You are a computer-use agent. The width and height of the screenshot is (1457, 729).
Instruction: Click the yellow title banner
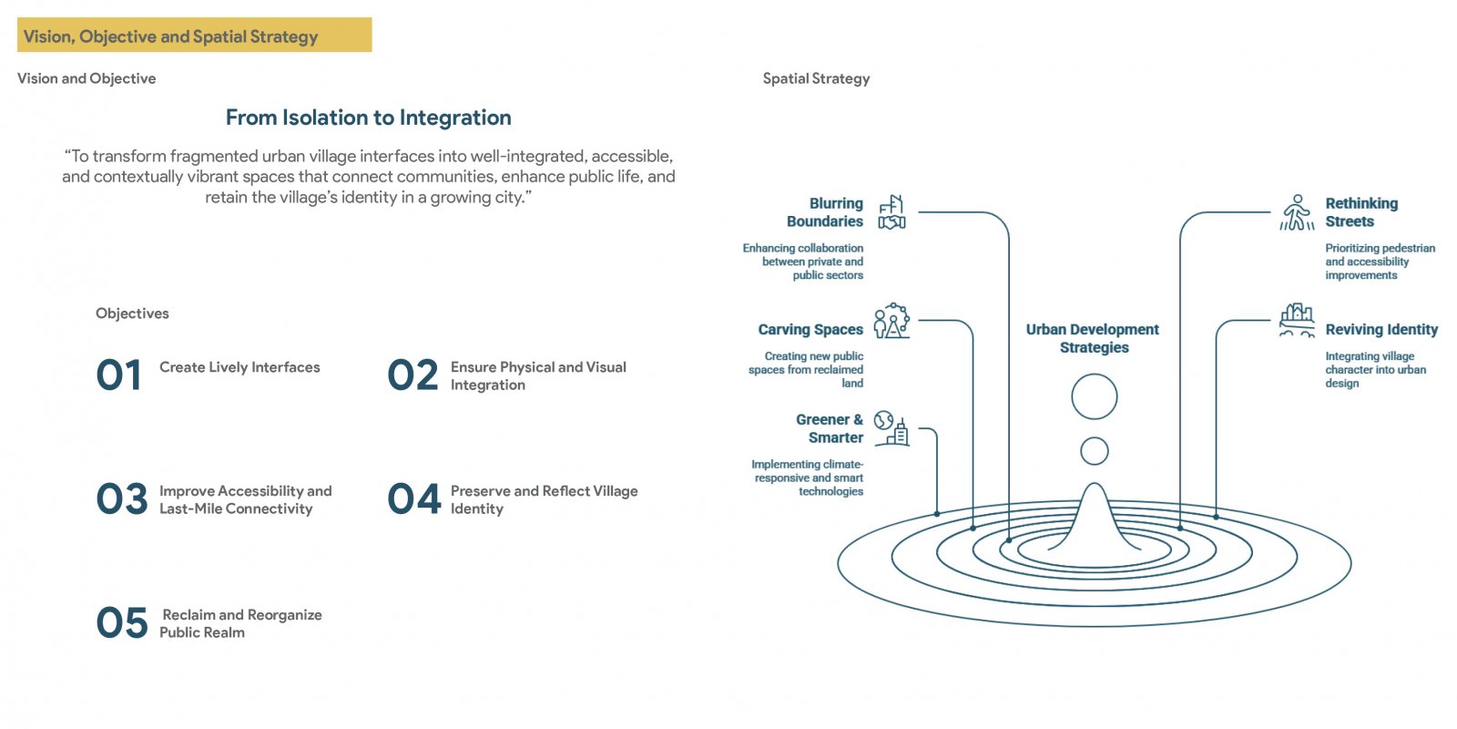coord(195,35)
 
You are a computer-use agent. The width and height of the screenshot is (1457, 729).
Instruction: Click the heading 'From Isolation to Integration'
coord(368,118)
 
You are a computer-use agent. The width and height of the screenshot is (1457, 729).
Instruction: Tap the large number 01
coord(118,375)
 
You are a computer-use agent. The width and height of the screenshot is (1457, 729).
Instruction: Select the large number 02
coord(413,375)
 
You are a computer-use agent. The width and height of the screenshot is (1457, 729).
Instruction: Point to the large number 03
coord(122,498)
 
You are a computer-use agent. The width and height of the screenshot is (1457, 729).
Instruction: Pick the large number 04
coord(413,498)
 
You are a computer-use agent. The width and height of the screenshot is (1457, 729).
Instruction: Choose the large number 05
coord(122,622)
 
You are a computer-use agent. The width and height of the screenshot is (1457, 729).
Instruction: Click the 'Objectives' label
coord(132,313)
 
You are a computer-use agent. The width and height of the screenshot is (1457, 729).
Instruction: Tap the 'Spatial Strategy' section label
coord(816,78)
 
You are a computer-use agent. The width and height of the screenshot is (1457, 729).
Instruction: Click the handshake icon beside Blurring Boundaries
coord(892,212)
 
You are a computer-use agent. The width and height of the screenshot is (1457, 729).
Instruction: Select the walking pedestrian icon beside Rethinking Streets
coord(1297,212)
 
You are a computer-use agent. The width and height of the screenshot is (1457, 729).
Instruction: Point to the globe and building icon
coord(892,428)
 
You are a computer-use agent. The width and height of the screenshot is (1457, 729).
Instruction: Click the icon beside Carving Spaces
coord(892,320)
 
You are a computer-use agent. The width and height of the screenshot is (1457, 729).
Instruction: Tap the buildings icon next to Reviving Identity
coord(1297,320)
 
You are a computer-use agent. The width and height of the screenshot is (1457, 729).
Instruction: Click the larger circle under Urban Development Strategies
coord(1094,375)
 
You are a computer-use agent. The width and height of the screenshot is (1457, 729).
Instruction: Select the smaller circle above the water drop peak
coord(1094,437)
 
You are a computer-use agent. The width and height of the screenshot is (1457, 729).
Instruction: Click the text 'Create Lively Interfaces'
coord(239,367)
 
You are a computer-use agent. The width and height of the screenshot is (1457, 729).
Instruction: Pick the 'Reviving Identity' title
coord(1381,329)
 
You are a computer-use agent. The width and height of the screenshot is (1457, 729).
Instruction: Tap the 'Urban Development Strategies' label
coord(1093,338)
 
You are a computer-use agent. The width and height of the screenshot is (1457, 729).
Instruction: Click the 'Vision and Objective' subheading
coord(87,78)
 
